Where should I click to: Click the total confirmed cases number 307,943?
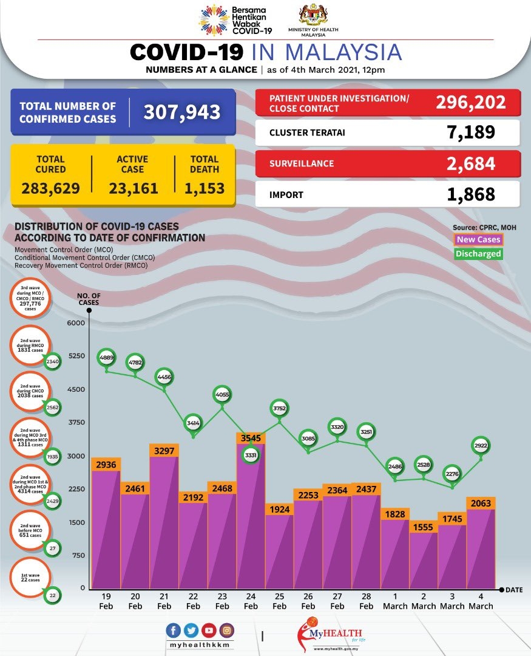(x=181, y=112)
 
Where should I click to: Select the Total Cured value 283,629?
(x=51, y=188)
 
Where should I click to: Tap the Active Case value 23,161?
(x=134, y=188)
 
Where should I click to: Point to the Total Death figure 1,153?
(x=204, y=188)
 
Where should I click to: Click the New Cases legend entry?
(x=478, y=240)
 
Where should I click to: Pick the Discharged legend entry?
(x=478, y=254)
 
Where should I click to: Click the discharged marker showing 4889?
(x=106, y=358)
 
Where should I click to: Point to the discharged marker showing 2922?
(x=482, y=446)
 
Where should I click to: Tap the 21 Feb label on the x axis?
(x=164, y=602)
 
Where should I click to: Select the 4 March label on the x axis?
(x=481, y=602)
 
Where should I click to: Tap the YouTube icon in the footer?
(x=210, y=629)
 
